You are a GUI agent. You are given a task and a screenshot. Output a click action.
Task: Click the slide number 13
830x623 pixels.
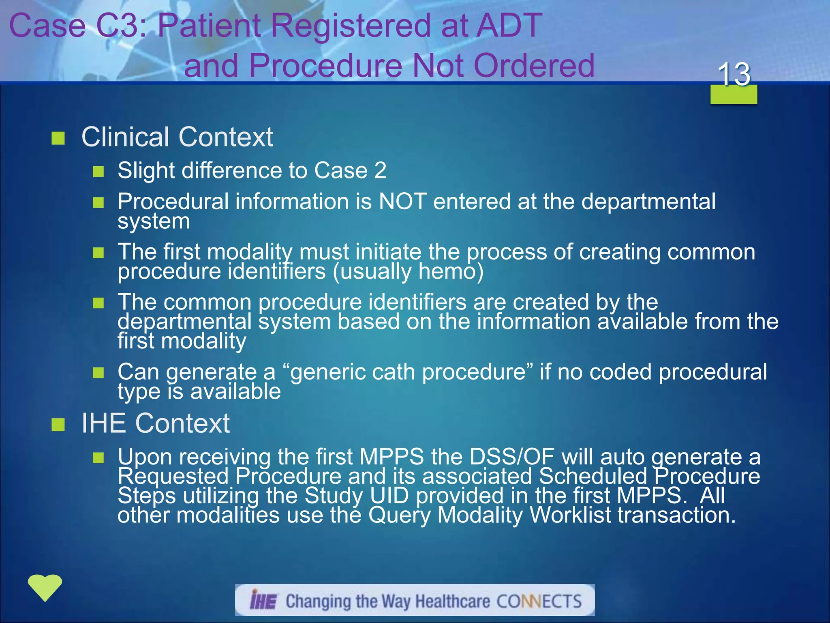734,75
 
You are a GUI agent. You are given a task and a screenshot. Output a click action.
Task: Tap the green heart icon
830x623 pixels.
45,587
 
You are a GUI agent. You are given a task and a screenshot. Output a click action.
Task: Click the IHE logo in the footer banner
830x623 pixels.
263,600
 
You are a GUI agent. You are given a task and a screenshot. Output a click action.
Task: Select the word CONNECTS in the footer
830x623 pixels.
539,601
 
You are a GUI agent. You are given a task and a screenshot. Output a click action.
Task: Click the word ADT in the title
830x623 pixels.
509,26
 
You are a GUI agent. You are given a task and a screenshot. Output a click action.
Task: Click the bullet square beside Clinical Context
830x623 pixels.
58,138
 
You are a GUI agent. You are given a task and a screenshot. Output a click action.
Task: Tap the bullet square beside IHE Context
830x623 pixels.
58,425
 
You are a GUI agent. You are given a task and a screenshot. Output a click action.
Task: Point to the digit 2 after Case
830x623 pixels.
380,170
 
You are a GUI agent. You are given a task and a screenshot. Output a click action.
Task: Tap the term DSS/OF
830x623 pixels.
511,457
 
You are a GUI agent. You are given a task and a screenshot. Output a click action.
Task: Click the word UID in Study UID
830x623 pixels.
389,496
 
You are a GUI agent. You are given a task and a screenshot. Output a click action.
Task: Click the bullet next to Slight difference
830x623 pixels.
98,172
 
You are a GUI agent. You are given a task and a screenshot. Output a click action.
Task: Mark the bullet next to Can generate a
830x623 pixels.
98,372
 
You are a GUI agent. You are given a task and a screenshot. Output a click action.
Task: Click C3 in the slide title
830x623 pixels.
118,26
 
